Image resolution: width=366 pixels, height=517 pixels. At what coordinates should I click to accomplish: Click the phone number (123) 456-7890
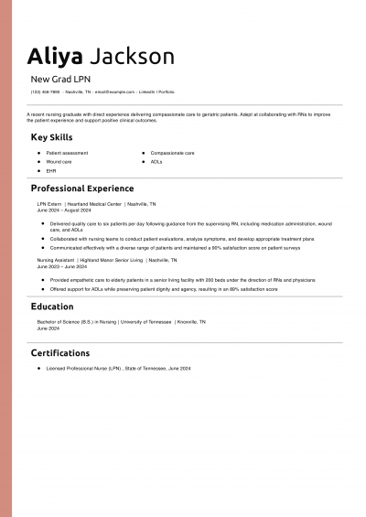45,92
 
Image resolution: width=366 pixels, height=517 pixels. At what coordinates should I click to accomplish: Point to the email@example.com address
114,92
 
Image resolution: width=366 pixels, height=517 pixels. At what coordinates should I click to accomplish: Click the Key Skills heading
51,137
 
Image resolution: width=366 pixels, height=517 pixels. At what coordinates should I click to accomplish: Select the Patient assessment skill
67,153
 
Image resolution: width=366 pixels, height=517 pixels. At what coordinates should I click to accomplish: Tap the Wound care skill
59,161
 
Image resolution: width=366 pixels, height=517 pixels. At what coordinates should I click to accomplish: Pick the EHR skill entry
50,170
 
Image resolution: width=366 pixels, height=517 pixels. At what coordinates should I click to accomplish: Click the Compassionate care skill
172,153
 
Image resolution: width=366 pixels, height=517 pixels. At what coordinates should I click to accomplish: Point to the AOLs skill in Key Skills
156,161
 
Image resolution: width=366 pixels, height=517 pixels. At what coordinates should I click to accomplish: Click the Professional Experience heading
82,188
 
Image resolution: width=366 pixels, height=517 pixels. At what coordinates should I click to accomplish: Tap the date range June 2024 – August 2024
63,210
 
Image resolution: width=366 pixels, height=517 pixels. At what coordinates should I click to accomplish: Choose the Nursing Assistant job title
57,260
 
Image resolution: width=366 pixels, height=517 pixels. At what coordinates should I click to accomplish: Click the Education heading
52,307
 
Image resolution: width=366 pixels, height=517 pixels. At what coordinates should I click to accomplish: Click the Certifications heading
60,352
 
